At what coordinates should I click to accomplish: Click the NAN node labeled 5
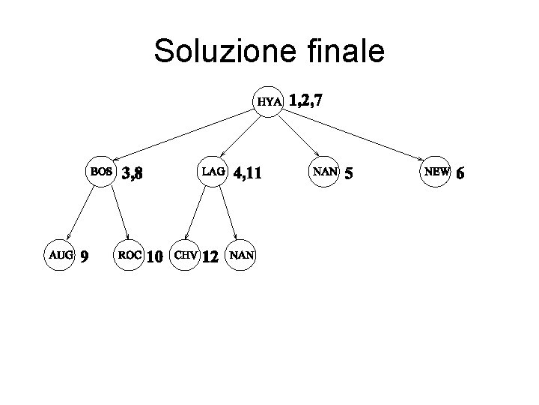[325, 171]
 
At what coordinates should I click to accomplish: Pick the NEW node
[436, 171]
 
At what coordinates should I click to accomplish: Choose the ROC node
[129, 255]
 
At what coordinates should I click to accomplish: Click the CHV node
[186, 255]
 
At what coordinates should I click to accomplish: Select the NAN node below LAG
[242, 255]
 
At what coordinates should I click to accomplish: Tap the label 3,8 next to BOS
[133, 174]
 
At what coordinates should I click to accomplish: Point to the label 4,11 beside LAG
[247, 174]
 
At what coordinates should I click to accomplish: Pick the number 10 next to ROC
[154, 257]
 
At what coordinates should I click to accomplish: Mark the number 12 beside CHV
[210, 257]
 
